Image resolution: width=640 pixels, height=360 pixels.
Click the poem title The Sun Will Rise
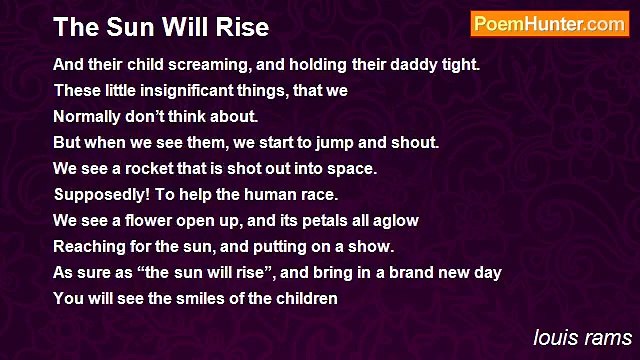(161, 27)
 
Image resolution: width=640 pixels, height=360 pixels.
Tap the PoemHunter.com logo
(549, 25)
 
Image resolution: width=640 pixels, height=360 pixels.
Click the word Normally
(87, 117)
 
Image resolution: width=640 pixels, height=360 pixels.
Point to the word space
(355, 169)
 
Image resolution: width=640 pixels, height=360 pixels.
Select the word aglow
(395, 221)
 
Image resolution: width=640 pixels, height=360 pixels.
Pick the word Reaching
(88, 247)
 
